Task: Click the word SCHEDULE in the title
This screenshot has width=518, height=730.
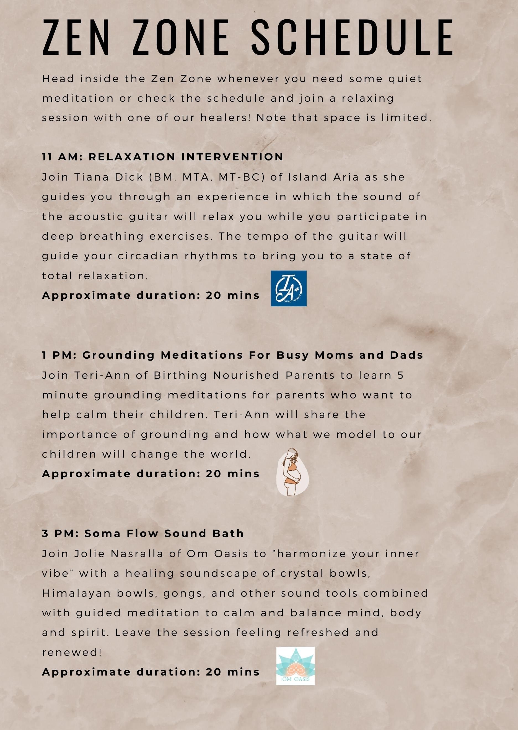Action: (352, 37)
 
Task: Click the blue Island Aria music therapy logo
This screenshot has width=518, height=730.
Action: (289, 288)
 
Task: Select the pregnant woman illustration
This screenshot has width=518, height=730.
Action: (292, 472)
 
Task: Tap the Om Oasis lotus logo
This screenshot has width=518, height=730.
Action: (295, 666)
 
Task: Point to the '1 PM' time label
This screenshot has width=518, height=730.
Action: (59, 355)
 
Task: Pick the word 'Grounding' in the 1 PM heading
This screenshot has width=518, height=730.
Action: (118, 355)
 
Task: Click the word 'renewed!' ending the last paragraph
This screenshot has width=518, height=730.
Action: (72, 652)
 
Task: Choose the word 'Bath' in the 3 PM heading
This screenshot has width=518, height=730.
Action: (228, 534)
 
